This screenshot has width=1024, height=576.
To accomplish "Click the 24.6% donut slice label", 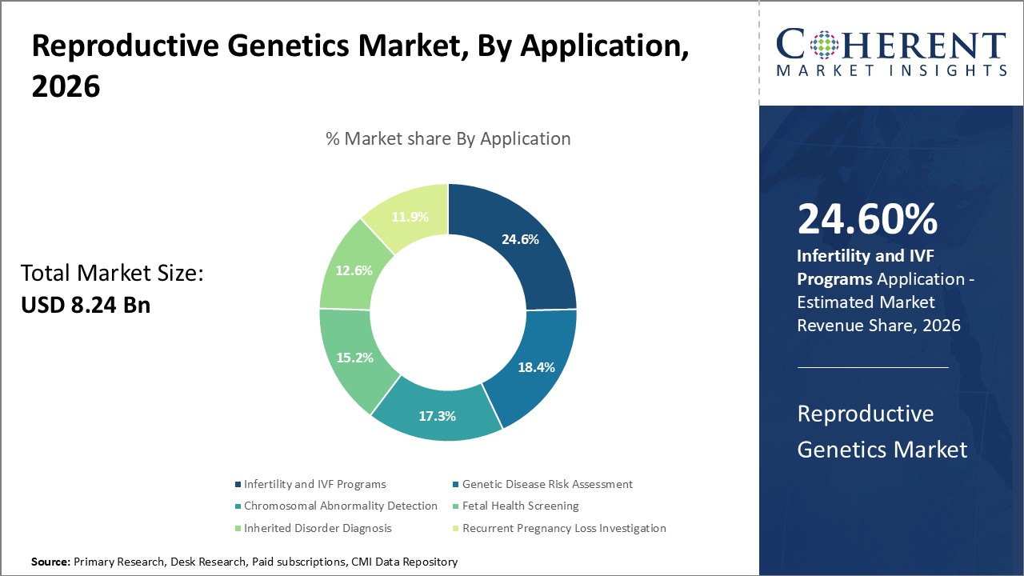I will pyautogui.click(x=520, y=239).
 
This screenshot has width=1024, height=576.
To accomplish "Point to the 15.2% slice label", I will pyautogui.click(x=354, y=358).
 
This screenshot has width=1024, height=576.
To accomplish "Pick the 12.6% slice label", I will pyautogui.click(x=354, y=270).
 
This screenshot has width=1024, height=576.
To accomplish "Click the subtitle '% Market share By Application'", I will pyautogui.click(x=448, y=138).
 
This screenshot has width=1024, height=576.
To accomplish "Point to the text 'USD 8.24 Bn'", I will pyautogui.click(x=86, y=305).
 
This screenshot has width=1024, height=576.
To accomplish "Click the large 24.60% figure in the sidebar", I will pyautogui.click(x=867, y=219).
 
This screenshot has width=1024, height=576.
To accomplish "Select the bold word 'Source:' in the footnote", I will pyautogui.click(x=50, y=562).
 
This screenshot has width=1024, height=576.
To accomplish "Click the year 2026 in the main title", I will pyautogui.click(x=66, y=86).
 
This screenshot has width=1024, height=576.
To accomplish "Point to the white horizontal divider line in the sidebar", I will pyautogui.click(x=873, y=368).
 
